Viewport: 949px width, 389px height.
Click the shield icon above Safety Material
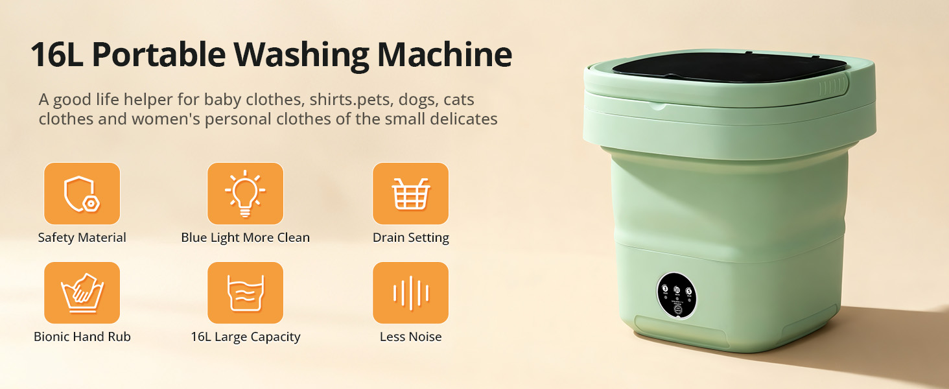point(82,193)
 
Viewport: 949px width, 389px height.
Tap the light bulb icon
point(245,193)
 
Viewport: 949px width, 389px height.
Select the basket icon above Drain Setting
point(410,193)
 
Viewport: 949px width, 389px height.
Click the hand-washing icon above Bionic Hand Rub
point(82,292)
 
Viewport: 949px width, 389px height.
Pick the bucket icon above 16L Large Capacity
point(245,292)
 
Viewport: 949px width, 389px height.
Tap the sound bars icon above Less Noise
point(410,292)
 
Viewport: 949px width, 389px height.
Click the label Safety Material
point(82,237)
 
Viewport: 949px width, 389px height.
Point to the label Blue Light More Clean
point(245,237)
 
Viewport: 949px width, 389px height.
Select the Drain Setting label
point(410,237)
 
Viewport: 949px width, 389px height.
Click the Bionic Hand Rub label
point(82,336)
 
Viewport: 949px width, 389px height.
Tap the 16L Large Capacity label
point(245,336)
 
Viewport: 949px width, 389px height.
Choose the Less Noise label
point(410,336)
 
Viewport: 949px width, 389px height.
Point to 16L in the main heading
point(54,56)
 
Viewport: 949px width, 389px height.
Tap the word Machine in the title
point(445,56)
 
